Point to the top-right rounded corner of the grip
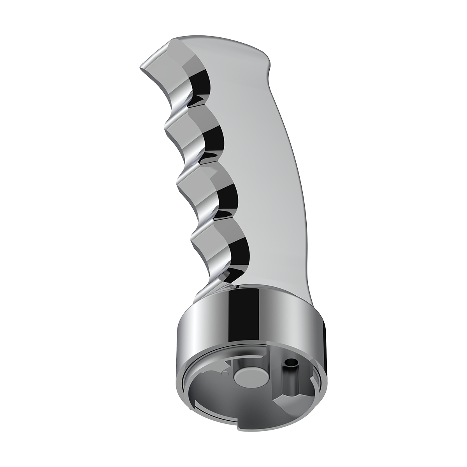(x=265, y=58)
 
